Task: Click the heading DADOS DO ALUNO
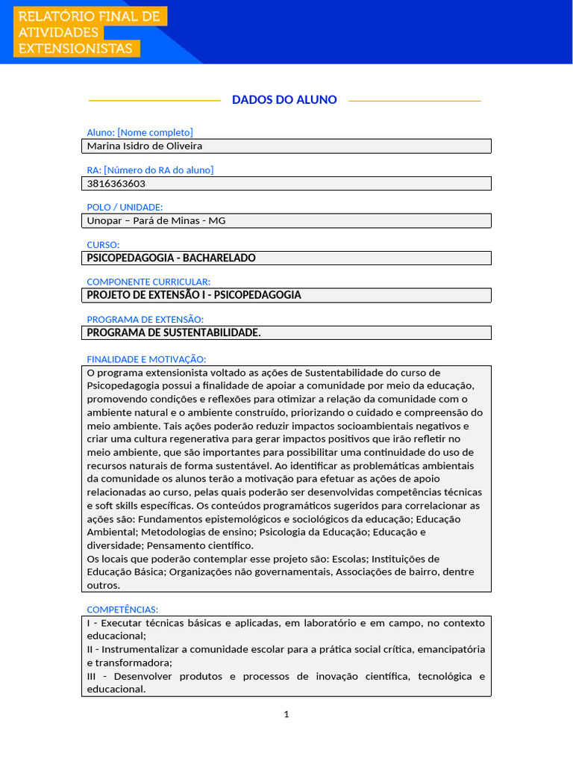[x=284, y=100]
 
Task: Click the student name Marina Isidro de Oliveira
[x=145, y=146]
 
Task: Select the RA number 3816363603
[x=116, y=184]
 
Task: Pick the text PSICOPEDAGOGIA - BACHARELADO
[x=172, y=258]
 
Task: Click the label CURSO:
[x=103, y=244]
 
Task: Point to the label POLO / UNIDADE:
[x=125, y=207]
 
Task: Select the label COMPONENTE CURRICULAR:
[x=148, y=282]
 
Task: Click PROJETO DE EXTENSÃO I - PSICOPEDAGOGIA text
[x=194, y=295]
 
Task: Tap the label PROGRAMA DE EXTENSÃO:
[x=145, y=319]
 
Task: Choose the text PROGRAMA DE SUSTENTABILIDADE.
[x=174, y=332]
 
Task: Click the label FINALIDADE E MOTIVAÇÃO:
[x=146, y=359]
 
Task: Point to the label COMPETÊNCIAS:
[x=122, y=610]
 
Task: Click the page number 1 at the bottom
[x=286, y=715]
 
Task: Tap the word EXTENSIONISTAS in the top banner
[x=75, y=49]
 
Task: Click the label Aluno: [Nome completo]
[x=140, y=133]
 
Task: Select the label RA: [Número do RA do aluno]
[x=150, y=170]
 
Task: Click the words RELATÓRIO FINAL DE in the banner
[x=89, y=16]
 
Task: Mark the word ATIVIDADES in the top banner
[x=58, y=33]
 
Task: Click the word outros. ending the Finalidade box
[x=103, y=586]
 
